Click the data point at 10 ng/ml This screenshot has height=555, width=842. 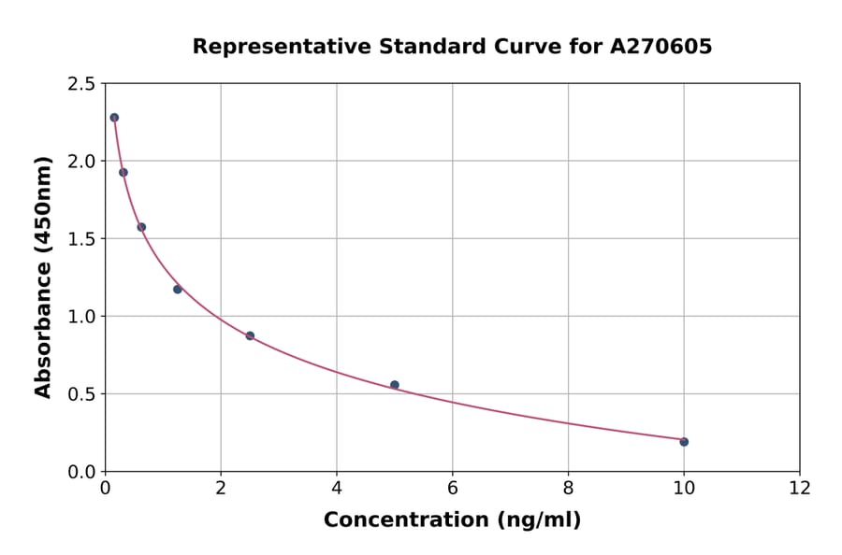pos(684,442)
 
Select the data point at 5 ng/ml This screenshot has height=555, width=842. pos(395,385)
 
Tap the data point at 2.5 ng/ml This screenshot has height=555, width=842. pos(250,335)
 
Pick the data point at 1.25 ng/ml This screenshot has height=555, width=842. pos(178,290)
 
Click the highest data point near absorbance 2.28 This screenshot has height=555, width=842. pos(114,118)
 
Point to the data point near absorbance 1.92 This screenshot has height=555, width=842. pos(123,172)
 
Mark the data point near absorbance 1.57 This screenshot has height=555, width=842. pos(141,227)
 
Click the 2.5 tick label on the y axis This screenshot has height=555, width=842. pos(80,84)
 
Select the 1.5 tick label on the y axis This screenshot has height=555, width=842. pos(80,239)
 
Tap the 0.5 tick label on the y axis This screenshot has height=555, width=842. pos(80,394)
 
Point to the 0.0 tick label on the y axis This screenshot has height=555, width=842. pos(80,472)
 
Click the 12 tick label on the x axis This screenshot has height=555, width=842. pos(800,488)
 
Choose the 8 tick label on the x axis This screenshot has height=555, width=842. pos(568,488)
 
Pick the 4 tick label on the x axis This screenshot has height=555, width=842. pos(337,488)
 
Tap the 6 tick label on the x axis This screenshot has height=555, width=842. pos(453,488)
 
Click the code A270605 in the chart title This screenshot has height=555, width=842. pos(661,47)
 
